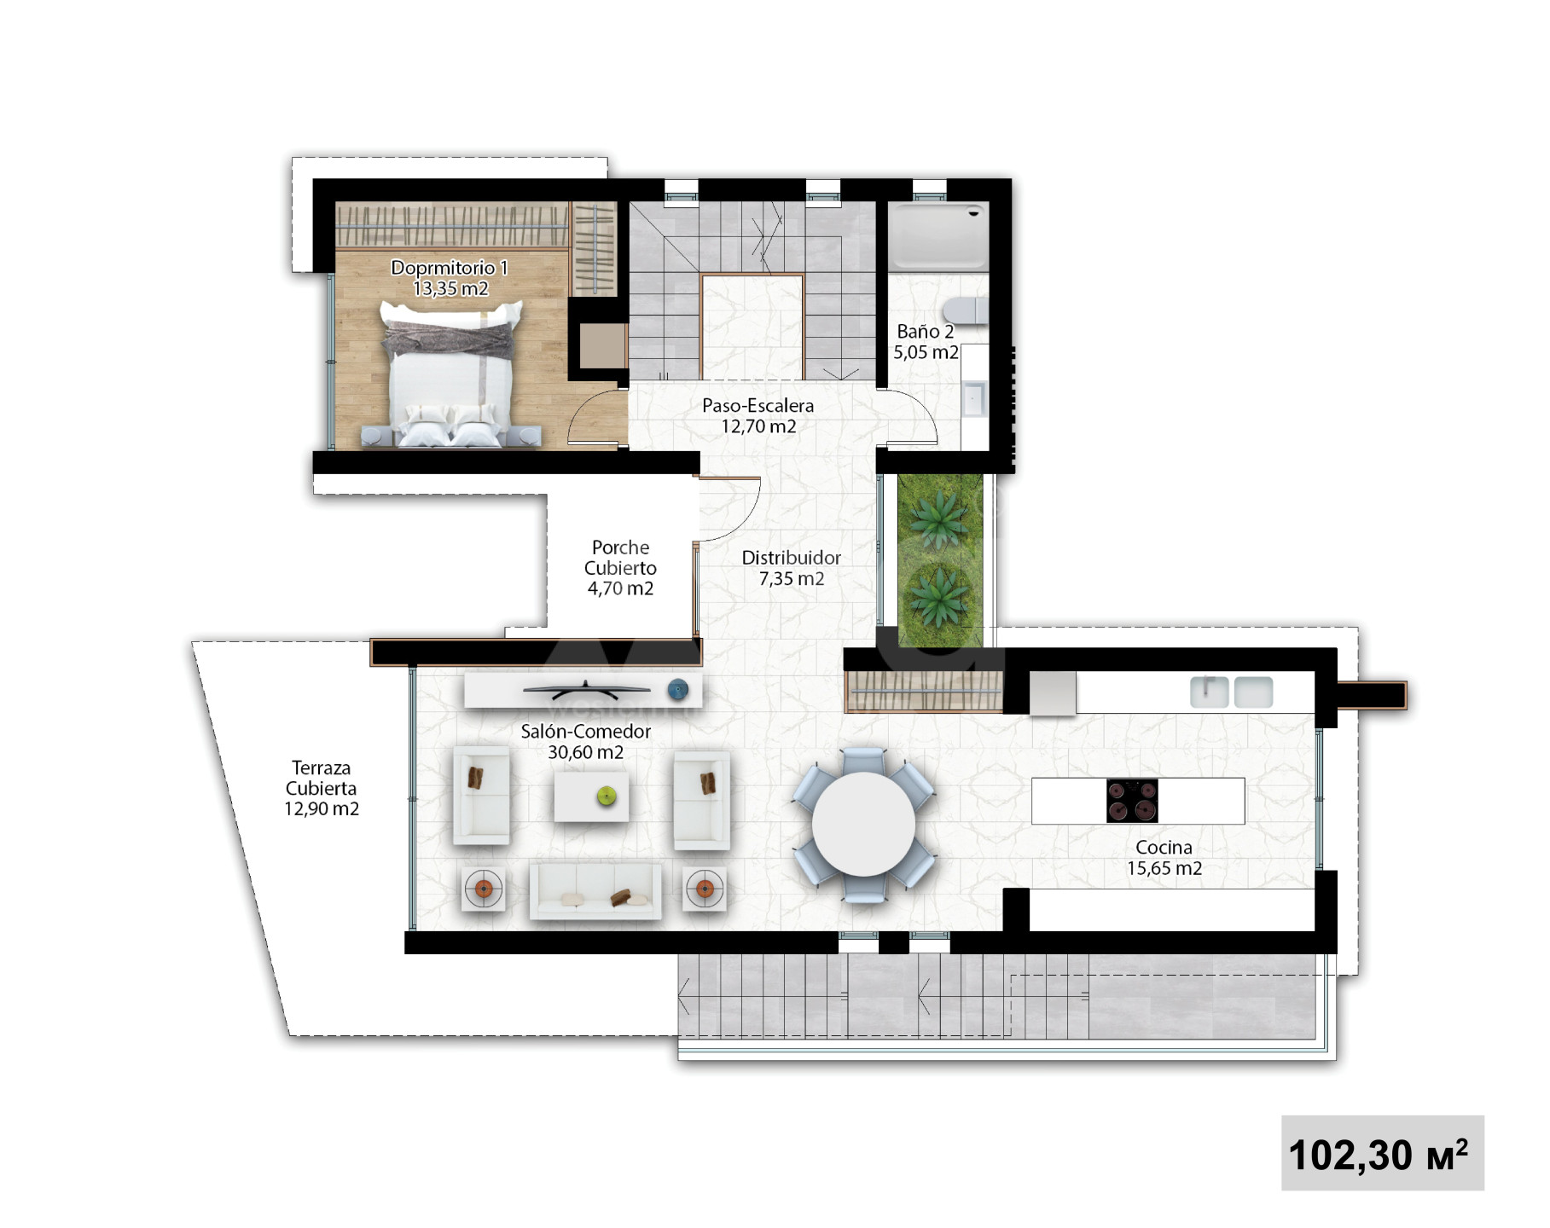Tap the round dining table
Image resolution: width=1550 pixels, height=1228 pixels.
coord(863,824)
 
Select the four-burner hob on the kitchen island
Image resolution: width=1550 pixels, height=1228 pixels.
coord(1132,801)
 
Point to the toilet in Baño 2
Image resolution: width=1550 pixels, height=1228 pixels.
coord(966,310)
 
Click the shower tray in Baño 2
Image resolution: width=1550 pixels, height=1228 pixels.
coord(938,236)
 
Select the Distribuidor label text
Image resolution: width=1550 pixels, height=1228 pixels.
coord(792,558)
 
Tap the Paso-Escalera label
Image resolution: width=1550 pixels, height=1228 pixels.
coord(758,406)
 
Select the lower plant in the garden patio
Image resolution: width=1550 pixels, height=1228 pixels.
coord(938,594)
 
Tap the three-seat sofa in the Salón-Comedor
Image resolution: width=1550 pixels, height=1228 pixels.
coord(595,891)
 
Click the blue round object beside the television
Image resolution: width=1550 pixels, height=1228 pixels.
coord(677,689)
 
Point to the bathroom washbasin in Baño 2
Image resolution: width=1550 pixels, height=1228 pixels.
coord(974,398)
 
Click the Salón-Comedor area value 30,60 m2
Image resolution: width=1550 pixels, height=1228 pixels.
coord(585,752)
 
